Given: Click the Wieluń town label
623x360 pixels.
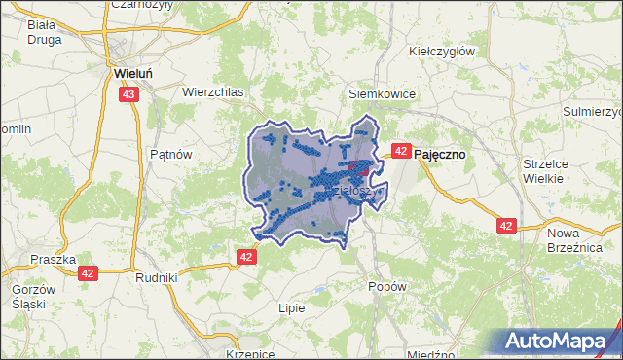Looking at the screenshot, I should pos(129,72).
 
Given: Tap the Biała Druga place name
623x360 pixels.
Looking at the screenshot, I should pos(45,32).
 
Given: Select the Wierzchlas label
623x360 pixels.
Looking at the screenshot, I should pos(212,91).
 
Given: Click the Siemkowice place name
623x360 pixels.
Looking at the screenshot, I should pos(383,94).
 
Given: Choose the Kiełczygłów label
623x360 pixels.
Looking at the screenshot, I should pos(441,51).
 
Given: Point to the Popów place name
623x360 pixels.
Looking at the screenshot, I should pos(386,287).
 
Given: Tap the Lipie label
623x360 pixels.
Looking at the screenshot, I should pos(291,307).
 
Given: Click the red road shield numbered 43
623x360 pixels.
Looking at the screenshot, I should pos(129,94).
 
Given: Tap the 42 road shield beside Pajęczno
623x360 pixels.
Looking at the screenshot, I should pos(400,151).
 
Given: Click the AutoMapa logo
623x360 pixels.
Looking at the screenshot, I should pos(560,342).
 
